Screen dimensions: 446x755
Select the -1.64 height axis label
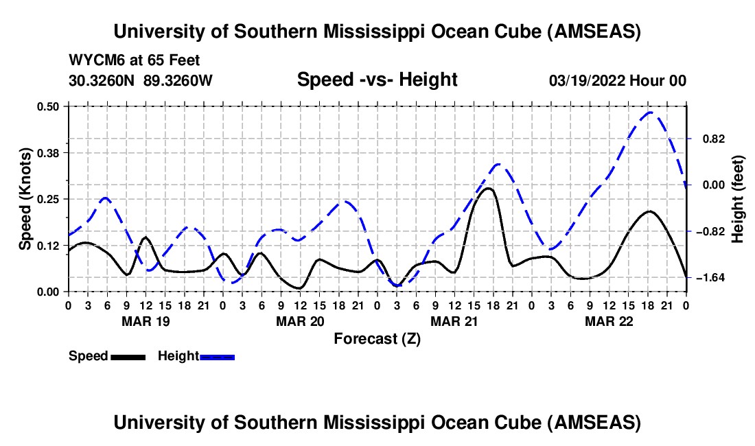tap(707, 278)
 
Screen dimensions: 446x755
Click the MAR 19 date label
tap(146, 321)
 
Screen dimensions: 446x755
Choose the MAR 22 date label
tap(609, 321)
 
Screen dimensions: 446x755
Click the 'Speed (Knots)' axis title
tap(25, 199)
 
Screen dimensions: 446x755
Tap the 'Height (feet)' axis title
tap(738, 198)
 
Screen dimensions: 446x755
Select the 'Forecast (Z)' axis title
tap(377, 338)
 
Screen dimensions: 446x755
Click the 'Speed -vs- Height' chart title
tap(377, 80)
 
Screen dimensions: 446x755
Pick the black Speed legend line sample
tap(128, 356)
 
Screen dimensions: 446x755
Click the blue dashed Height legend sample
tap(217, 356)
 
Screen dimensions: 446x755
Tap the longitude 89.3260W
tap(178, 80)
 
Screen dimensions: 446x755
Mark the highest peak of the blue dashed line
tap(649, 112)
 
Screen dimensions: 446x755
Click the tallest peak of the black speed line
tap(488, 188)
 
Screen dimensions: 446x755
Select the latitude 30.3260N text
tap(103, 80)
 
